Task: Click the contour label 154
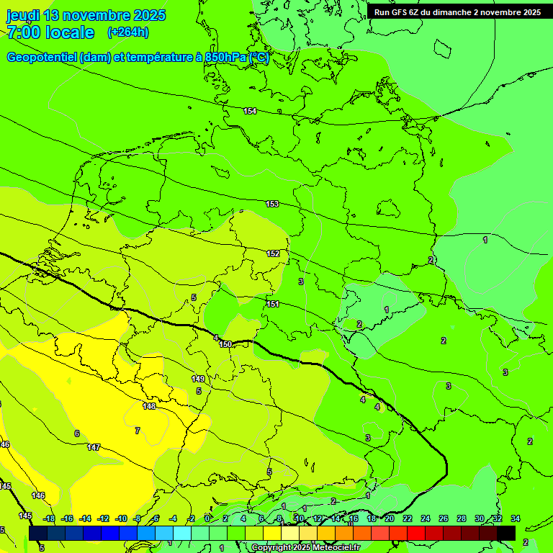point(250,111)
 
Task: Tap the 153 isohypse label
point(272,204)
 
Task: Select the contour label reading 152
point(273,253)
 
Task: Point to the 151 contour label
point(273,304)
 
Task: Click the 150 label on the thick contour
point(225,345)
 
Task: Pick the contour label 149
point(198,379)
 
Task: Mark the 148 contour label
point(149,406)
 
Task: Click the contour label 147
point(94,447)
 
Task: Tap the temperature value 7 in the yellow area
point(138,431)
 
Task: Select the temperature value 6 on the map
point(76,433)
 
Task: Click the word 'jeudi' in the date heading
point(23,15)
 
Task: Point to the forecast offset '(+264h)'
point(127,32)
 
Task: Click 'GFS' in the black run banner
point(400,12)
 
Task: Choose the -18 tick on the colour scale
point(48,518)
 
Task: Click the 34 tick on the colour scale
point(516,518)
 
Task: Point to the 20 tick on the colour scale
point(390,518)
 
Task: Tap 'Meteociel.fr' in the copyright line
point(332,548)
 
